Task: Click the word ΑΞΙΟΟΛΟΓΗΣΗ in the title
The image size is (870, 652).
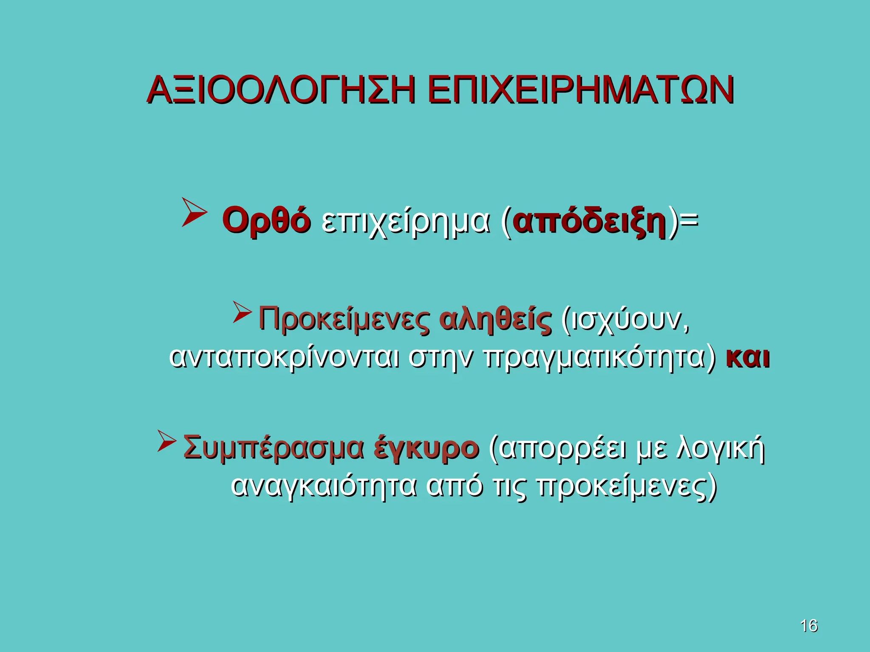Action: click(x=280, y=90)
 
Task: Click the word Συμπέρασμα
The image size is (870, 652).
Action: click(x=274, y=448)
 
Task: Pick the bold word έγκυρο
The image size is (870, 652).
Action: click(x=427, y=448)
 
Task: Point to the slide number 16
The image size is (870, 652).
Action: click(x=808, y=626)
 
